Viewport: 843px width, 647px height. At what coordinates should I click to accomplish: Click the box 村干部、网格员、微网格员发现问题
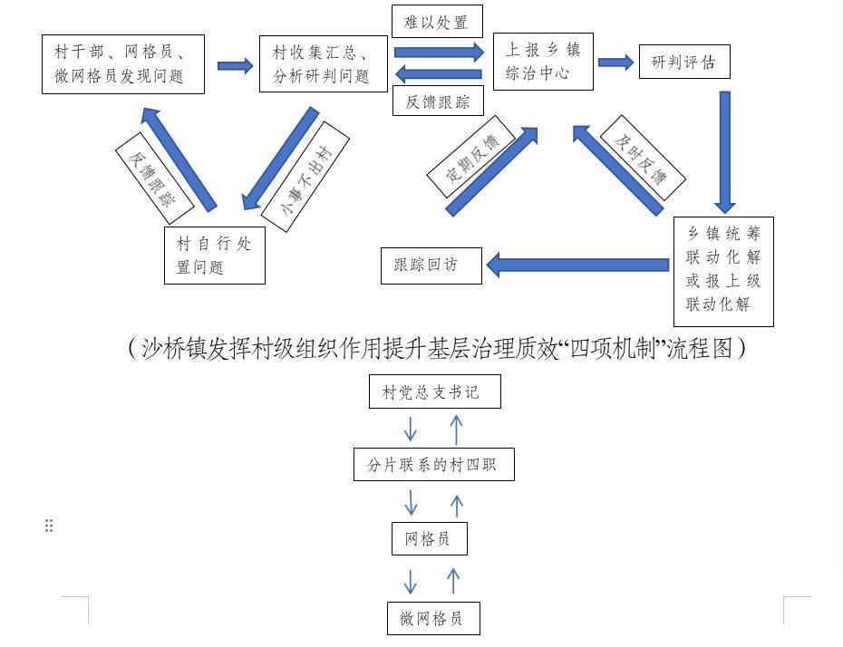click(122, 63)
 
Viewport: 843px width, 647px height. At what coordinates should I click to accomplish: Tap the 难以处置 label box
click(437, 23)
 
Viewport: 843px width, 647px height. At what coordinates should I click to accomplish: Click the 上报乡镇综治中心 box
click(543, 62)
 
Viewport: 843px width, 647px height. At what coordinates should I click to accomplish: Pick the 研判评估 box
click(684, 62)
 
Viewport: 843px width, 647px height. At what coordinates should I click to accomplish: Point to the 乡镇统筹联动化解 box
click(723, 269)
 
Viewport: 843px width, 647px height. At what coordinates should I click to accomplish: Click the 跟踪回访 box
click(431, 266)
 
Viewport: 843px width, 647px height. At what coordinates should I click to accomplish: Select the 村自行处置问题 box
click(215, 255)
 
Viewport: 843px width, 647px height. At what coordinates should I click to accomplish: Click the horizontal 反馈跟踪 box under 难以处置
click(437, 101)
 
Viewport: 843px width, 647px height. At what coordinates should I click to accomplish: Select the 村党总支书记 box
click(435, 391)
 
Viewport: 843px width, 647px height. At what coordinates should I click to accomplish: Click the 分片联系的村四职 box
click(435, 465)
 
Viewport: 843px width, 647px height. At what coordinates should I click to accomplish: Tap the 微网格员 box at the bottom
click(432, 618)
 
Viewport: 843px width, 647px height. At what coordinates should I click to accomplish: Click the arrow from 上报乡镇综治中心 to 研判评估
click(615, 63)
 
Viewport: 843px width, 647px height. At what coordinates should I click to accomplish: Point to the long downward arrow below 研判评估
click(723, 150)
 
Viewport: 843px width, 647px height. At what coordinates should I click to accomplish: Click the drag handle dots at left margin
click(49, 526)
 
